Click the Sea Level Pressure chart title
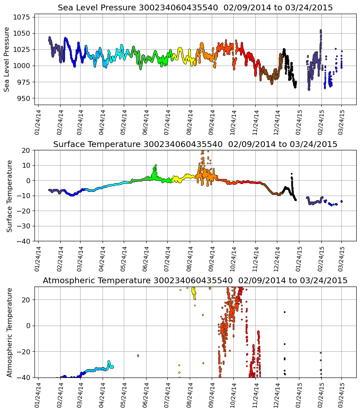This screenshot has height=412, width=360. (x=195, y=8)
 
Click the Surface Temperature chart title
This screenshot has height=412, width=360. (x=195, y=144)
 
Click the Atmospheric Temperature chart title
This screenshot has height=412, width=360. (x=195, y=281)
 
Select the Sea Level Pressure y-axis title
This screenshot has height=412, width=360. (x=7, y=59)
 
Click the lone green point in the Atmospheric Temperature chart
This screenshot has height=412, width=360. (x=138, y=356)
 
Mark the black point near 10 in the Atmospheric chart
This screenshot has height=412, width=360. (x=284, y=312)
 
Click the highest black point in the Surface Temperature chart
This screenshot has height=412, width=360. (x=291, y=174)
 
